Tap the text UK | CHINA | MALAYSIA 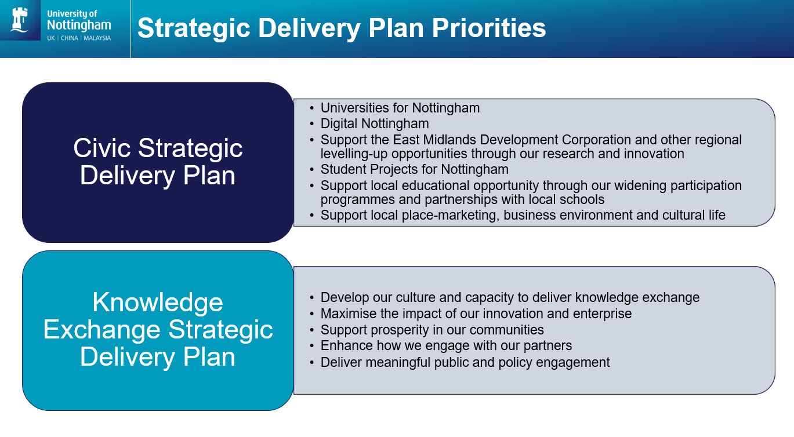pos(79,39)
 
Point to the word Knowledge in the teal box pos(157,303)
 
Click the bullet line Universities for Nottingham pos(400,108)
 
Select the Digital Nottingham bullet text pos(374,123)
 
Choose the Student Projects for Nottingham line pos(414,169)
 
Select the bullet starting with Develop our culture pos(510,297)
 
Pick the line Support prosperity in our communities pos(432,330)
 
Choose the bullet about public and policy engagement pos(465,362)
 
